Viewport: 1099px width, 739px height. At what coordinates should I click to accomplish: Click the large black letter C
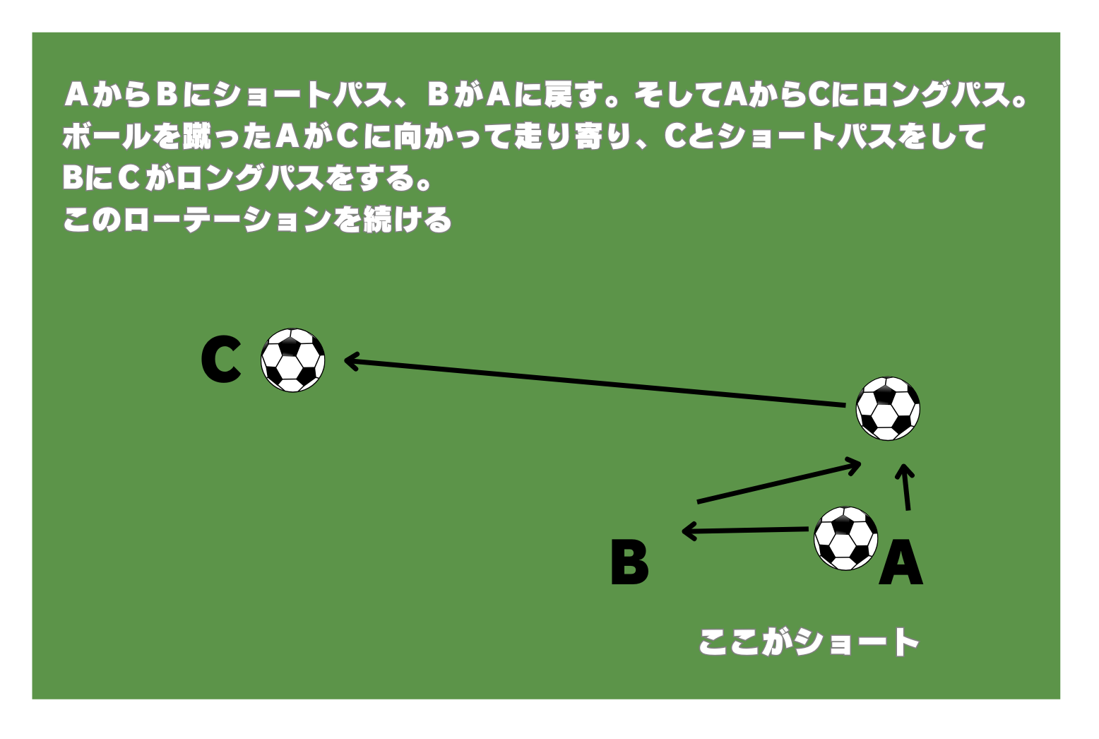point(221,359)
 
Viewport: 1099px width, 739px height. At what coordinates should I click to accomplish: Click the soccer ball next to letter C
point(292,360)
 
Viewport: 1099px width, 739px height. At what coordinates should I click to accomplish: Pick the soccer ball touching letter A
point(845,538)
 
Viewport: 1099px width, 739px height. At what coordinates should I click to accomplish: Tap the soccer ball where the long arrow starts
point(888,408)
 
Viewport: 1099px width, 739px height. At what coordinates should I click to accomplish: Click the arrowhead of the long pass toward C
point(351,361)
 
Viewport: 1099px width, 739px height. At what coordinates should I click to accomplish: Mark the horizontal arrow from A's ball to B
point(745,531)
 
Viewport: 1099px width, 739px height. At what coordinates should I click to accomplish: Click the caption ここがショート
point(809,642)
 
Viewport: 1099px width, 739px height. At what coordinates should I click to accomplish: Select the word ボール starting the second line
point(107,136)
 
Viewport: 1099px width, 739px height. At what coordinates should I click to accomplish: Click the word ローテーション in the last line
point(227,219)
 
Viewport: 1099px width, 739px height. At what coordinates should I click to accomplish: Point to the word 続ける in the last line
point(408,219)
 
